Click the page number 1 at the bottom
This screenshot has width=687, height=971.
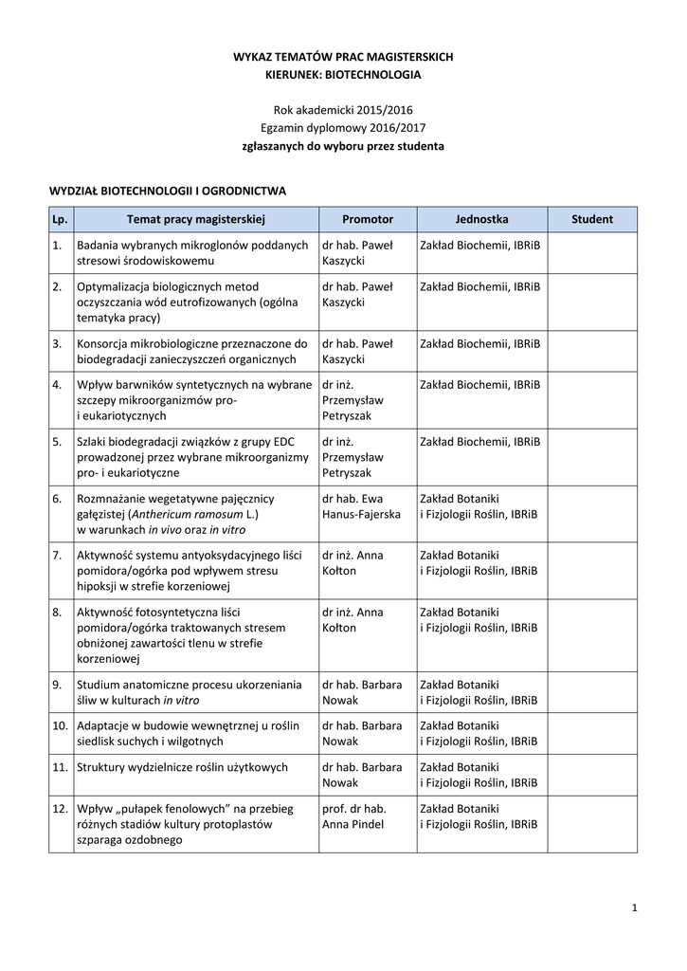pos(635,909)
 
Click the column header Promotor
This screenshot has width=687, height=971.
pos(368,219)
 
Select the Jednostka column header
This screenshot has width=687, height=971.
pos(481,219)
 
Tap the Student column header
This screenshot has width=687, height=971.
pos(592,219)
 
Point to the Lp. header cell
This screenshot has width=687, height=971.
pos(61,219)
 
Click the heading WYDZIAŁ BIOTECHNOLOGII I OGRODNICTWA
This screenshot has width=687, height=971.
pos(168,191)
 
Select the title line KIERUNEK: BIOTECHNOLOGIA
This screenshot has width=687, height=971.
pos(343,74)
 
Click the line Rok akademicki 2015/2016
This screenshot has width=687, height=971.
pos(343,110)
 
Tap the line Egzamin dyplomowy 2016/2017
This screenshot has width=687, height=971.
pos(343,128)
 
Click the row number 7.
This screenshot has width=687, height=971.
pos(58,555)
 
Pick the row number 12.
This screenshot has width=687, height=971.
pos(60,809)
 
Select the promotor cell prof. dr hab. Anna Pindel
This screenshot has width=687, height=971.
pos(353,816)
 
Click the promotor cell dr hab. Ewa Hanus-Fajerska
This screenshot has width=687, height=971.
pos(361,506)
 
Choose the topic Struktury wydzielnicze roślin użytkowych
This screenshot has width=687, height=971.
pos(183,767)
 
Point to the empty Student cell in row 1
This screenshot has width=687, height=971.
pos(592,252)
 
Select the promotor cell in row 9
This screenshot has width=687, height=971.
pos(362,692)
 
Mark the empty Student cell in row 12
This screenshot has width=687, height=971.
pos(592,824)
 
